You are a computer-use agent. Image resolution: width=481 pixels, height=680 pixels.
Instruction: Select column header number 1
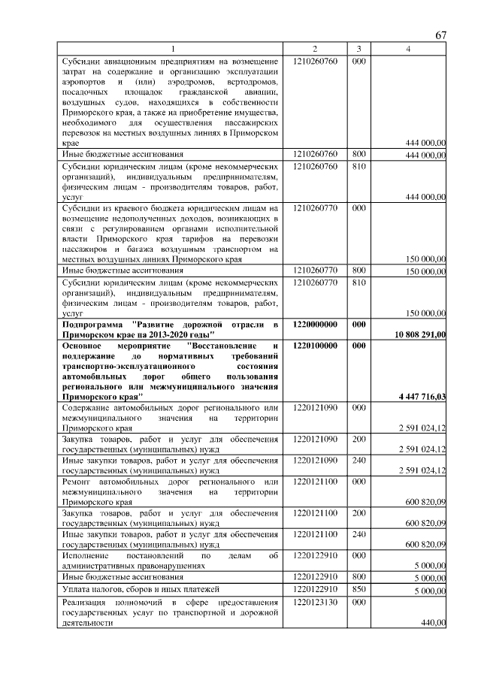click(171, 49)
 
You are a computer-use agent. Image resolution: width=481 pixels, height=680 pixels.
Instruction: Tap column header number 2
click(315, 49)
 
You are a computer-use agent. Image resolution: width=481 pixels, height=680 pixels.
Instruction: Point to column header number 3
click(358, 49)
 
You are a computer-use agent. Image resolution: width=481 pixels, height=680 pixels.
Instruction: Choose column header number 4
click(408, 49)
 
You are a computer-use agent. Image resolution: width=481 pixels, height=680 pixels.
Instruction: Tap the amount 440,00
click(433, 622)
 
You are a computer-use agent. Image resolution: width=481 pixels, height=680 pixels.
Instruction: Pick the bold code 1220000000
click(315, 324)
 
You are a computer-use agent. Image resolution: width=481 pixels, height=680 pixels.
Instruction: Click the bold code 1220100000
click(315, 345)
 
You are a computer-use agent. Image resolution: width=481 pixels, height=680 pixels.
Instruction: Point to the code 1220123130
click(315, 603)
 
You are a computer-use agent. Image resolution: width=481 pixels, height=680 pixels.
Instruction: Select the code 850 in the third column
click(358, 591)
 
